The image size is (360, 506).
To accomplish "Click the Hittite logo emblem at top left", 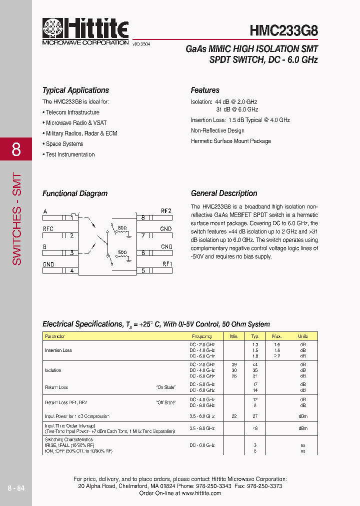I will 53,29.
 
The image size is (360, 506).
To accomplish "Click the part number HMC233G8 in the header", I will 283,30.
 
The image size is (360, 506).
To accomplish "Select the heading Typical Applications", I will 75,90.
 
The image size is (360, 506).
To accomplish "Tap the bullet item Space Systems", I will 64,144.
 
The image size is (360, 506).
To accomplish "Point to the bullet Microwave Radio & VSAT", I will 76,123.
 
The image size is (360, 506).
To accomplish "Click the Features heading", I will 205,90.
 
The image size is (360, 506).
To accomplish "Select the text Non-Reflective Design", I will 217,130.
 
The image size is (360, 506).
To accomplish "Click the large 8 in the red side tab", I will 16,149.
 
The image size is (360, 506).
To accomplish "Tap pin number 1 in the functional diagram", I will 71,217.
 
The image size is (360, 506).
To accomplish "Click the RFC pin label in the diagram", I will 48,229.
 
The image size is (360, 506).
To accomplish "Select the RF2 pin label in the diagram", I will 166,211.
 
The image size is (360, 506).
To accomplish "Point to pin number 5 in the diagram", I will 143,271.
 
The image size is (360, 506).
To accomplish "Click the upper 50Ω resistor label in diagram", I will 121,228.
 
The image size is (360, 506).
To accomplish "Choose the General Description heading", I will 224,193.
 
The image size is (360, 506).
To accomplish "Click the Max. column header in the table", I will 277,336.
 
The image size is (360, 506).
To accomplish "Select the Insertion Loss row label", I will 58,350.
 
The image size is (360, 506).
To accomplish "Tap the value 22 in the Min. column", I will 233,416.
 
